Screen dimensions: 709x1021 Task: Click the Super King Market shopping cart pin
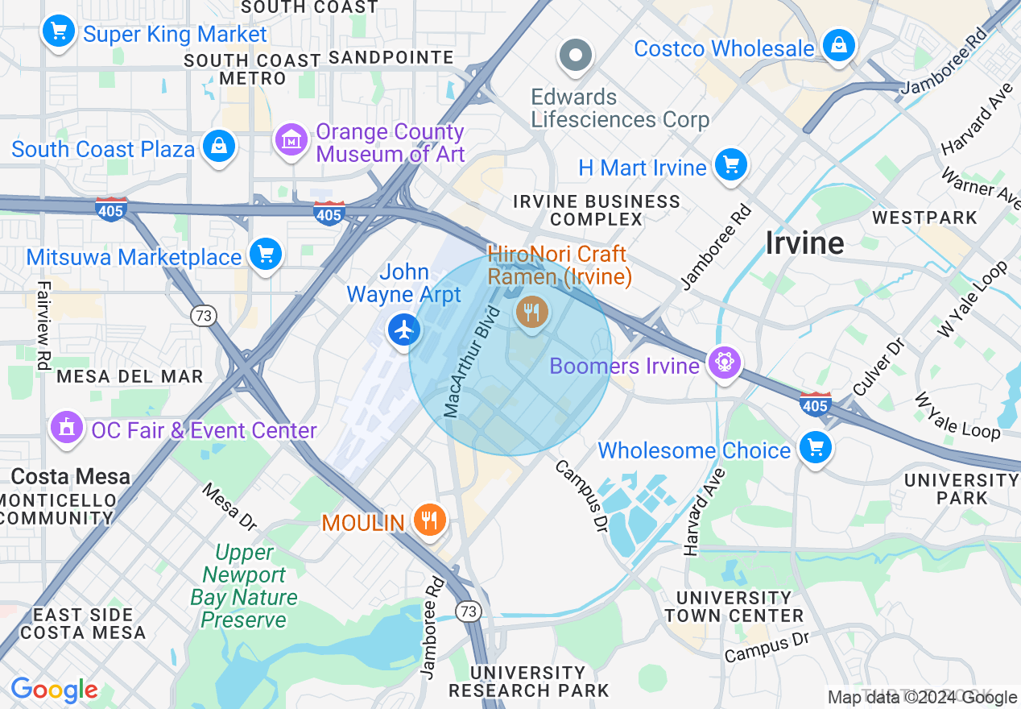58,31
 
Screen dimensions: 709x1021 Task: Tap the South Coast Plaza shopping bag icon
218,146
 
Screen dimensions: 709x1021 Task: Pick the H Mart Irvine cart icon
730,165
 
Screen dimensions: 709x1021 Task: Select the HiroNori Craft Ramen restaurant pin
531,311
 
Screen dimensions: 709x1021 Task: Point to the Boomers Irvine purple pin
724,363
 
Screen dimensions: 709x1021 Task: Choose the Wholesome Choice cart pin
815,447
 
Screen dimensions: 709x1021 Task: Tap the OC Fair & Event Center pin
67,427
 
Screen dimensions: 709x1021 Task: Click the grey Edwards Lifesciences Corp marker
576,56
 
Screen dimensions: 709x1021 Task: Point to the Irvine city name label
804,243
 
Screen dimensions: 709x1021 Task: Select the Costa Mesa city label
71,476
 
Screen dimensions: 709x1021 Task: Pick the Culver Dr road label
878,367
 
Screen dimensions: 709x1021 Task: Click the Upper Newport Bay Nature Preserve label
244,586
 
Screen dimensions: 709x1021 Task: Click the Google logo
54,690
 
